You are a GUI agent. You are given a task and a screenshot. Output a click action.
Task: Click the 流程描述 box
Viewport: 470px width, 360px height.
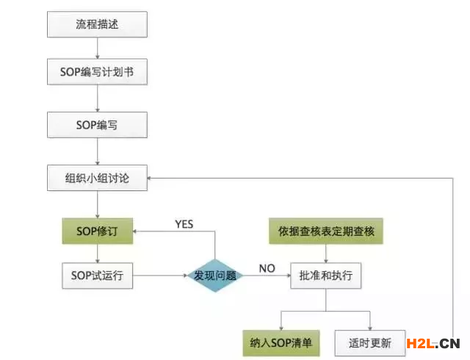pyautogui.click(x=98, y=24)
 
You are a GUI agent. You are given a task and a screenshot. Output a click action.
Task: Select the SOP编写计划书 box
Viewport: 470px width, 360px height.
pyautogui.click(x=98, y=73)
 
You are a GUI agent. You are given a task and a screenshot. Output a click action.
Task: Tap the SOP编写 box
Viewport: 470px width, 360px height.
pyautogui.click(x=98, y=124)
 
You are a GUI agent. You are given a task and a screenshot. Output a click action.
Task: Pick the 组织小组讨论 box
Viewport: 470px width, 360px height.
pyautogui.click(x=98, y=177)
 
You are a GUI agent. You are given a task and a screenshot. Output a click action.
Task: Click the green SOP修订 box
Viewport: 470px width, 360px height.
pyautogui.click(x=98, y=231)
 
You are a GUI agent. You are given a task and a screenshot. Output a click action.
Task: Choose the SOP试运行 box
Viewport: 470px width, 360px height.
pyautogui.click(x=98, y=277)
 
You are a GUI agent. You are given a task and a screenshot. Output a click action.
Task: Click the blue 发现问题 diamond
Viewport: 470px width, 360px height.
pyautogui.click(x=214, y=277)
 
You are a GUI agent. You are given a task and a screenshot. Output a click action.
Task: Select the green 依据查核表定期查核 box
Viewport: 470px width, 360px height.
pyautogui.click(x=326, y=231)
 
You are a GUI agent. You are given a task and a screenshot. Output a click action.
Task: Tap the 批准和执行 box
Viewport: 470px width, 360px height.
pyautogui.click(x=326, y=277)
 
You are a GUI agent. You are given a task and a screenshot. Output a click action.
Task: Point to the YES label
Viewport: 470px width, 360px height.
pyautogui.click(x=183, y=223)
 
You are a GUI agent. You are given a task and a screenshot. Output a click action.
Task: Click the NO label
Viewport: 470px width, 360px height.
pyautogui.click(x=267, y=268)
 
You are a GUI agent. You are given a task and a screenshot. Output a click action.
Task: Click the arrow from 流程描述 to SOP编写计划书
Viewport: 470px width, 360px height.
pyautogui.click(x=98, y=48)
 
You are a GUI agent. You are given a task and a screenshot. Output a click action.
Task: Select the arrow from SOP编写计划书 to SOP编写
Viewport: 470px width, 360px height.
pyautogui.click(x=98, y=99)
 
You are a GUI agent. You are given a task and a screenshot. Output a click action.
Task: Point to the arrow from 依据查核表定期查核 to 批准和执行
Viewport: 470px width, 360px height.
pyautogui.click(x=326, y=253)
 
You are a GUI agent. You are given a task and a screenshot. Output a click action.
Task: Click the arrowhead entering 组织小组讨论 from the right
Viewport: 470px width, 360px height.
pyautogui.click(x=152, y=177)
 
